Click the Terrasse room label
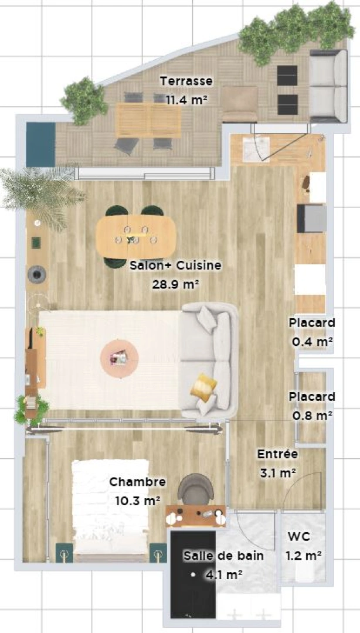point(186,81)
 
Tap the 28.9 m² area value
point(175,284)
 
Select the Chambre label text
point(138,482)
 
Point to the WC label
point(299,537)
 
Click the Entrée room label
point(277,454)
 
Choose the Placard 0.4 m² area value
point(312,342)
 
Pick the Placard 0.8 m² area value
point(312,416)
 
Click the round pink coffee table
point(119,358)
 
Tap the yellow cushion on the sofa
point(203,387)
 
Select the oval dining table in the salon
point(137,236)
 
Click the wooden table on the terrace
point(148,120)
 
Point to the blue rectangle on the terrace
point(40,145)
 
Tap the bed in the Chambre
point(110,510)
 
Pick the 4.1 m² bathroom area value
point(224,574)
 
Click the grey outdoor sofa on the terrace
point(328,86)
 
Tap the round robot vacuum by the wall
point(37,274)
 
